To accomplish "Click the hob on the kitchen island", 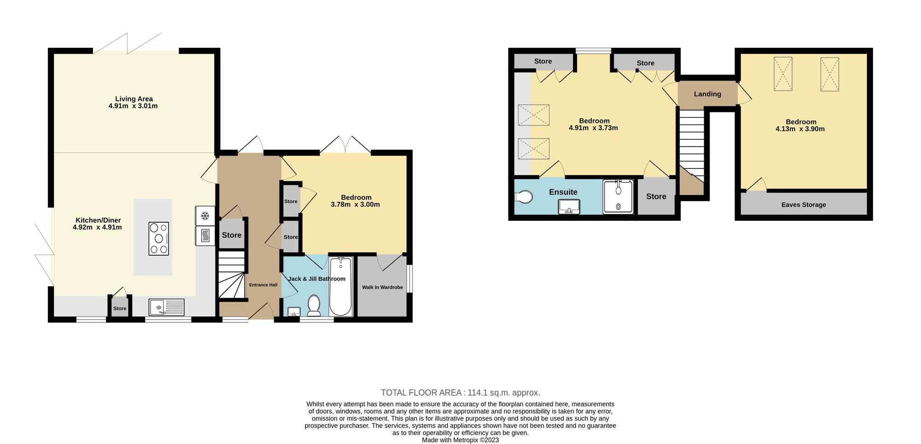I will coord(159,238).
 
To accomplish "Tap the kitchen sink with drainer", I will coord(166,307).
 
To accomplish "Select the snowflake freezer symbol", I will coord(205,216).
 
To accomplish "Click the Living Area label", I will coord(134,99).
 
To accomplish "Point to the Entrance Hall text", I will coord(263,285).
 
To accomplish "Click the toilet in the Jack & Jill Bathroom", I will coord(314,306).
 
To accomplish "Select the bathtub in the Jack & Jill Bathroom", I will coord(341,286).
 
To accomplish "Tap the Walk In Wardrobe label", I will coord(382,287).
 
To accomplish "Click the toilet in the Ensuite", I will coord(524,197).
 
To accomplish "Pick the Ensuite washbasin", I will coord(569,207).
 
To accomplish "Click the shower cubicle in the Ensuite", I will coord(618,196).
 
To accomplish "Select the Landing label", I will coord(707,94).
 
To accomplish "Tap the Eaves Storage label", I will coord(804,205).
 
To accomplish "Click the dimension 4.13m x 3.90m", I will coord(800,129).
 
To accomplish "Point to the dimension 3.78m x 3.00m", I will coord(355,204).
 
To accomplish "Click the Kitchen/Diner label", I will coord(98,220).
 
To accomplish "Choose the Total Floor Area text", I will coord(460,392).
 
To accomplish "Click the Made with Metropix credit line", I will coord(460,440).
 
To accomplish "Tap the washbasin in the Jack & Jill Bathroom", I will coord(294,312).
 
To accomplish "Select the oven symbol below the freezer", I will coord(205,236).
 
